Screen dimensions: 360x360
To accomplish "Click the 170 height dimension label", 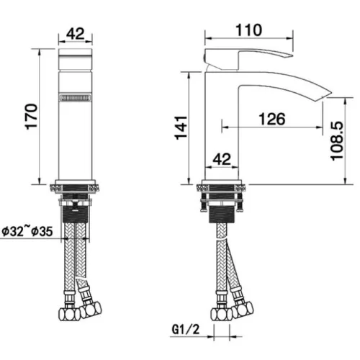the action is click(32, 117).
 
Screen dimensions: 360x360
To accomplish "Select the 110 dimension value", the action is click(248, 30).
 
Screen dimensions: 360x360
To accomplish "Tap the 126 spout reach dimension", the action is click(272, 119).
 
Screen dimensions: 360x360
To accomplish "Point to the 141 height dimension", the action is click(181, 127).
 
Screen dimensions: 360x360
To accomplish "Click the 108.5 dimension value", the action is click(337, 141).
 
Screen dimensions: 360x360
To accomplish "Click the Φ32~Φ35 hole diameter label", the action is click(27, 232).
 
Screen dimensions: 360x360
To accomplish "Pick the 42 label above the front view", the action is click(76, 34).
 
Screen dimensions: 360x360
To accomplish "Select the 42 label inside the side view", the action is click(222, 159).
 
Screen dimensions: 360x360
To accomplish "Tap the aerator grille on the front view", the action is click(76, 98).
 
